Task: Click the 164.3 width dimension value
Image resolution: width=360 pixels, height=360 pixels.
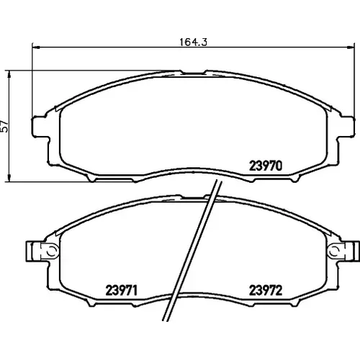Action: pos(193,42)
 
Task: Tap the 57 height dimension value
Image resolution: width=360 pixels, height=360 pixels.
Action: pos(5,126)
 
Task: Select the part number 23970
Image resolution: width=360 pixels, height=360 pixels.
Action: pos(266,166)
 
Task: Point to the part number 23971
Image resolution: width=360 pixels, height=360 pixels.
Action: pos(122,290)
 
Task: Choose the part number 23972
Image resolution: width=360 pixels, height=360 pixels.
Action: pos(266,290)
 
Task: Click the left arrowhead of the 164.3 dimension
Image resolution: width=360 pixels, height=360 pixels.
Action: pos(35,48)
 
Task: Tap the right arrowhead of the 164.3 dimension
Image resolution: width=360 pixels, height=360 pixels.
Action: pos(351,48)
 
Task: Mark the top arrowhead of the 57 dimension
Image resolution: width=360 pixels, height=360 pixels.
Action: pos(9,74)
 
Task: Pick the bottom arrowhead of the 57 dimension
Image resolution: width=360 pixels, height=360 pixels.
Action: pos(9,178)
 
